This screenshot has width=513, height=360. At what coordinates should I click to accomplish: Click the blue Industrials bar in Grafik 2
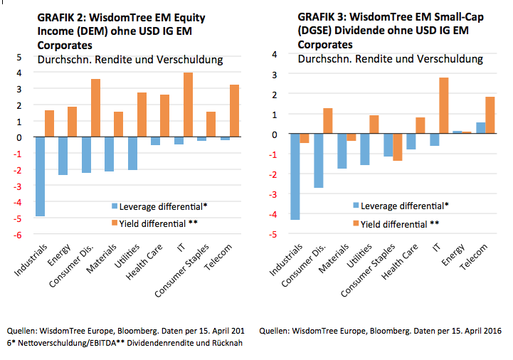click(x=40, y=176)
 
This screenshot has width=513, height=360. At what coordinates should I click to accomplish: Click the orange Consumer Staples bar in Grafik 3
click(x=398, y=147)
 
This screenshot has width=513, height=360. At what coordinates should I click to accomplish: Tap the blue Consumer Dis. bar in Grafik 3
click(x=319, y=161)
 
